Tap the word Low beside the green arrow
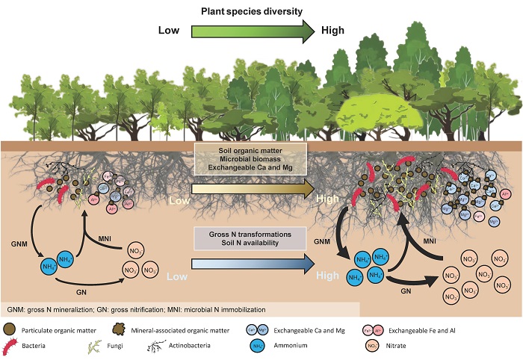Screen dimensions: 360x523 click(170, 31)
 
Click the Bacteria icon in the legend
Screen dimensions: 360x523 click(13, 346)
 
